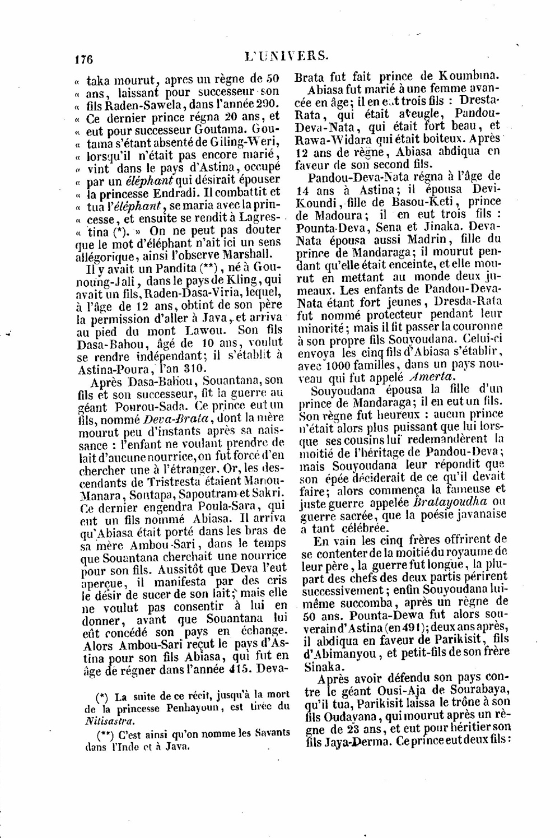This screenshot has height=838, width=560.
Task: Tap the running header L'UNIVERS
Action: [286, 56]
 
